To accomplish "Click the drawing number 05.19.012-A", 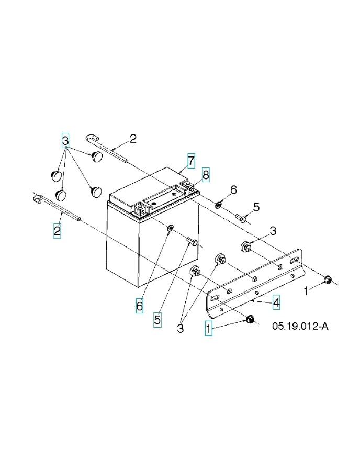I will (x=300, y=327).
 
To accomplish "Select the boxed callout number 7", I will (x=192, y=160).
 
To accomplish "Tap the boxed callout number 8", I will (x=206, y=175).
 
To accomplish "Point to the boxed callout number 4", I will (x=276, y=302).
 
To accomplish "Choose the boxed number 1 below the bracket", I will (x=208, y=329).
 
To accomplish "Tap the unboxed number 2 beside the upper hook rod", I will (x=133, y=139).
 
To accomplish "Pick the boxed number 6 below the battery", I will (x=140, y=306).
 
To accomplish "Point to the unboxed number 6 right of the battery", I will (x=233, y=189).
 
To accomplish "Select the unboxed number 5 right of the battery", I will (x=256, y=207).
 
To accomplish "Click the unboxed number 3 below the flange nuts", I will (x=181, y=329).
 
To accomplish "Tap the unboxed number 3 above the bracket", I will (x=273, y=231).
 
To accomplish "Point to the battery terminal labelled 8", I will (x=186, y=185).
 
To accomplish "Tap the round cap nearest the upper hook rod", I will (x=96, y=155).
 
